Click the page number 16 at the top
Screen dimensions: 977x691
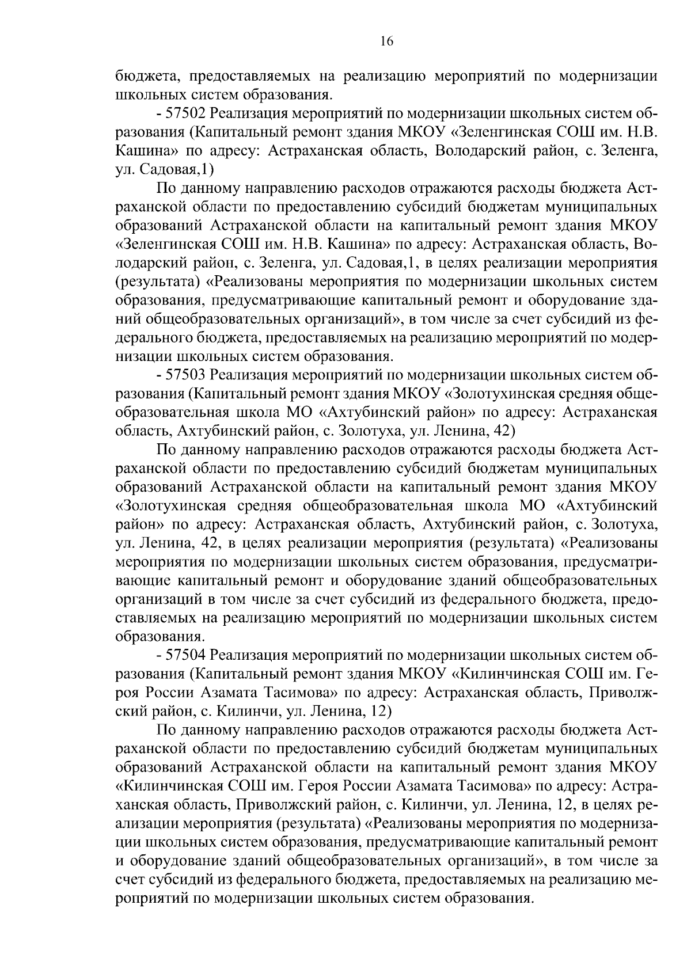(x=386, y=41)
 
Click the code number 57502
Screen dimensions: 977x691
(x=185, y=113)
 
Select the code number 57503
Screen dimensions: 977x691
(x=185, y=375)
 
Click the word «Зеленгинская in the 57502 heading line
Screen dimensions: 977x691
(x=499, y=132)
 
